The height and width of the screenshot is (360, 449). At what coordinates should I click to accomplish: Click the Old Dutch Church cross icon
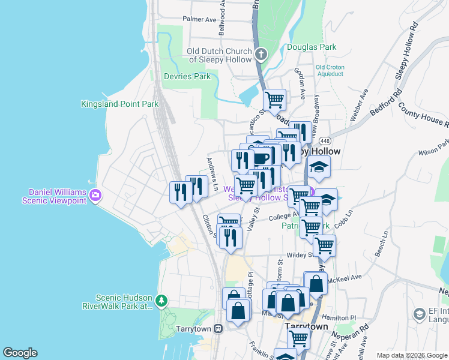tap(261, 55)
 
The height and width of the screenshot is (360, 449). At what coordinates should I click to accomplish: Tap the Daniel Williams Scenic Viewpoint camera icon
tap(95, 195)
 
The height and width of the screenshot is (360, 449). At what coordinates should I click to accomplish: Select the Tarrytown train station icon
tap(218, 329)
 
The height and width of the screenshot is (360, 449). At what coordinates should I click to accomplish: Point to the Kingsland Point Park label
tap(120, 104)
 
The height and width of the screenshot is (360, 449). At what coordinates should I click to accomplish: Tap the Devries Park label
tap(187, 76)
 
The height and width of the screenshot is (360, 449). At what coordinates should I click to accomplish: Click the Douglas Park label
tap(311, 46)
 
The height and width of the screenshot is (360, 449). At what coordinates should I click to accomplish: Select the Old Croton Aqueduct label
tap(330, 70)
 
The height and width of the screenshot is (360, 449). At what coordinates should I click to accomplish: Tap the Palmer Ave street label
tap(199, 19)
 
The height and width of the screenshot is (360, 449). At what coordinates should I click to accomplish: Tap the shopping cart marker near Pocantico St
tap(275, 100)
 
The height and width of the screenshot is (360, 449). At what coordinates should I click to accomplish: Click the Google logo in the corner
tap(20, 353)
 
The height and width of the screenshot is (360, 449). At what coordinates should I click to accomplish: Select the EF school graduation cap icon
tap(420, 314)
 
